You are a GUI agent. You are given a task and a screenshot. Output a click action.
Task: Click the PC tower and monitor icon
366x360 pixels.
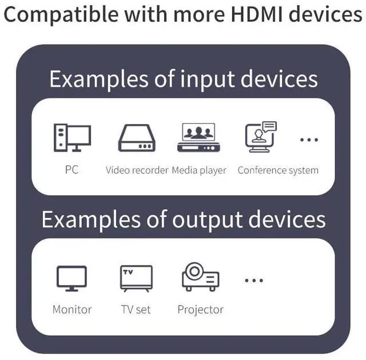pos(72,138)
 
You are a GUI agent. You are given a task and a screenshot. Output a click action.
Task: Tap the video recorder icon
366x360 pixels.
pos(137,138)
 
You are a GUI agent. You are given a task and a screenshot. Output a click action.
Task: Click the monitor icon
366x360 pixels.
pos(72,278)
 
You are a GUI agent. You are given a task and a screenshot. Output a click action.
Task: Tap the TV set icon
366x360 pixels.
pos(136,278)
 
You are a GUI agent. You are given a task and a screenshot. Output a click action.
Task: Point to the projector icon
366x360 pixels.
pos(200,277)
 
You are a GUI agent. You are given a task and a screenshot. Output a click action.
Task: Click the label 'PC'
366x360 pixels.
pos(71,170)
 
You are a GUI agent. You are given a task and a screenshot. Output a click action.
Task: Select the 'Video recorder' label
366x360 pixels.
pos(137,170)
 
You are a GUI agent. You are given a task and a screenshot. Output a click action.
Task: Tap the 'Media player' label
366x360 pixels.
pos(199,170)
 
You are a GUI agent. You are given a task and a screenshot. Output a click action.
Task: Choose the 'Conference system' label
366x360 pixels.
pos(278,170)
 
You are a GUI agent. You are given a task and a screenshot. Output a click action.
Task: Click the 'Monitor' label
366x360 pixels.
pos(72,310)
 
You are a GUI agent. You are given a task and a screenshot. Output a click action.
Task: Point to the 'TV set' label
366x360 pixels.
pos(136,310)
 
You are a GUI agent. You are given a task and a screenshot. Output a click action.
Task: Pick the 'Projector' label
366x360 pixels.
pos(200,310)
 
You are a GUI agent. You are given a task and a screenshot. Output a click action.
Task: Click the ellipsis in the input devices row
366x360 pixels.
pos(309,140)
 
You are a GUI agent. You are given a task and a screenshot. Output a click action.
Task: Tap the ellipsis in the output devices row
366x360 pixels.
pos(253,280)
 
